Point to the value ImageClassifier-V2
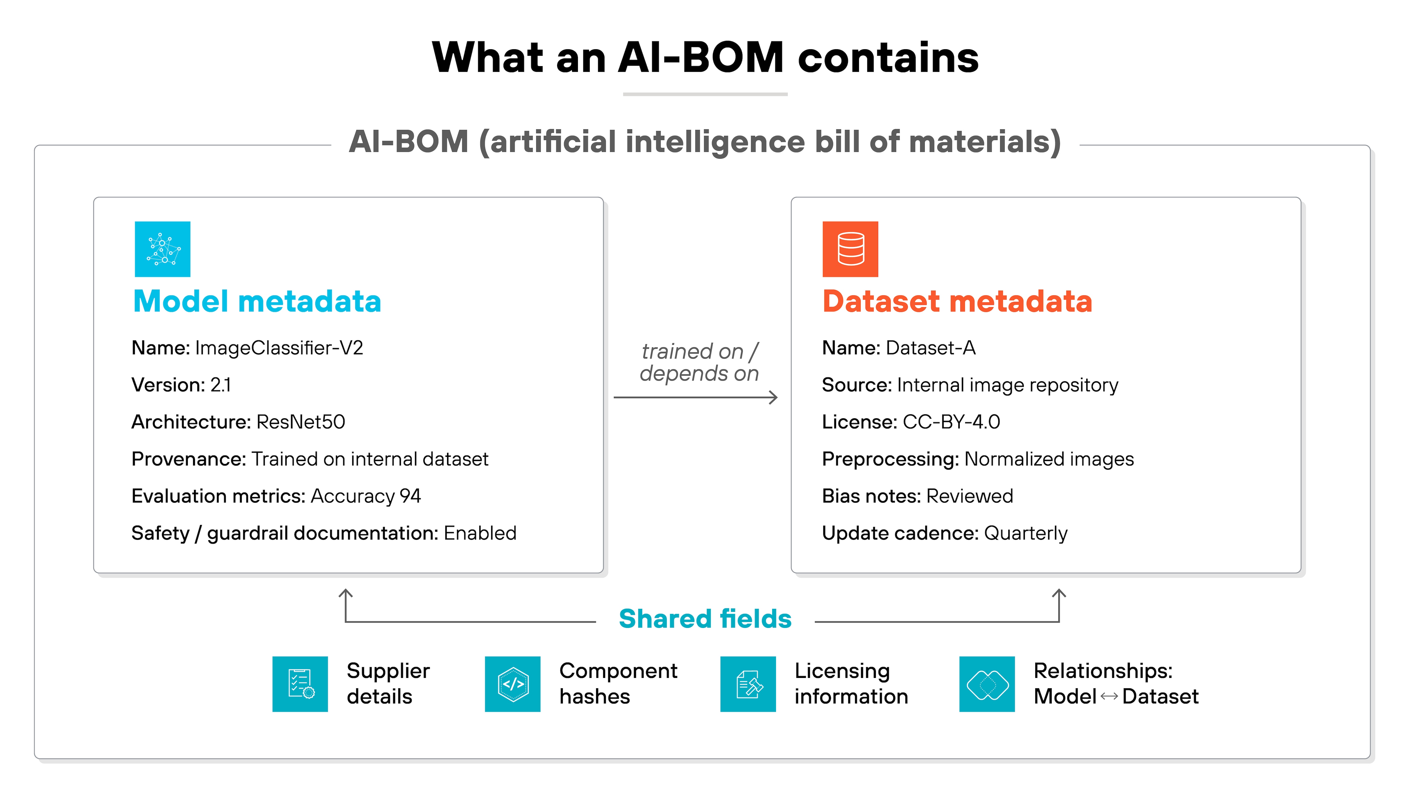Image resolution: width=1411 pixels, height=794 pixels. tap(279, 348)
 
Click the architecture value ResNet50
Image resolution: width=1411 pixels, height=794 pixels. tap(301, 422)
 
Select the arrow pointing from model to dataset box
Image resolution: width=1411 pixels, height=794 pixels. tap(696, 397)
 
